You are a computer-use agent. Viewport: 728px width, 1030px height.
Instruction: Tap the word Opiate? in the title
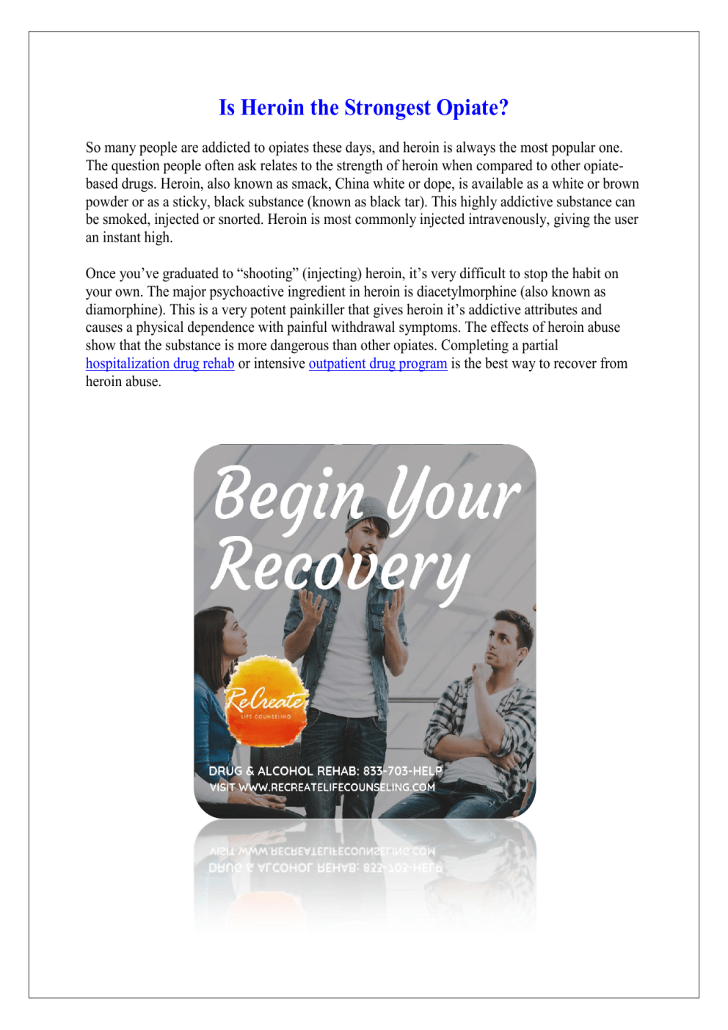point(472,108)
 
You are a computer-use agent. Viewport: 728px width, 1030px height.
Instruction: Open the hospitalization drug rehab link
point(160,363)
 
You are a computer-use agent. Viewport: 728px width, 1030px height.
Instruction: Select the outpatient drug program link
point(378,363)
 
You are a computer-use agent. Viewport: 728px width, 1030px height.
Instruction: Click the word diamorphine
point(122,310)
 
